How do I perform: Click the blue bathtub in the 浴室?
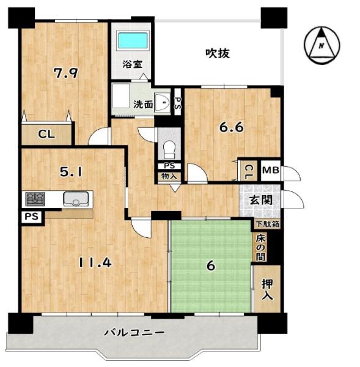(x=133, y=40)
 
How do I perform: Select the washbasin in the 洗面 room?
(x=163, y=102)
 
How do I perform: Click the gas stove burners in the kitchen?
(x=35, y=199)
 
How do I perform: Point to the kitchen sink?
(x=76, y=199)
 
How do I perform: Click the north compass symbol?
(x=322, y=45)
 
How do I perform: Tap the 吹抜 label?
(x=218, y=53)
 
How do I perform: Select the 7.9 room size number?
(x=66, y=73)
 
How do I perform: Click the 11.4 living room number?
(x=95, y=262)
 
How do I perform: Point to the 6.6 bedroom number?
(x=231, y=128)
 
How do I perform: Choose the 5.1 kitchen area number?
(x=71, y=172)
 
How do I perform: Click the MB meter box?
(x=270, y=171)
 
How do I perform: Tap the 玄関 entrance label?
(x=261, y=200)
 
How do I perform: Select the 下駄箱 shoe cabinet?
(x=268, y=224)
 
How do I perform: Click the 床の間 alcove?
(x=260, y=248)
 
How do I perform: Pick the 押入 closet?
(x=267, y=289)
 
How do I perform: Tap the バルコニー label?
(x=134, y=332)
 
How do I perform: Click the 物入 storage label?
(x=169, y=176)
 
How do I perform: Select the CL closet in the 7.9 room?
(x=46, y=135)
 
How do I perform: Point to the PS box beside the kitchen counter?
(x=32, y=217)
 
